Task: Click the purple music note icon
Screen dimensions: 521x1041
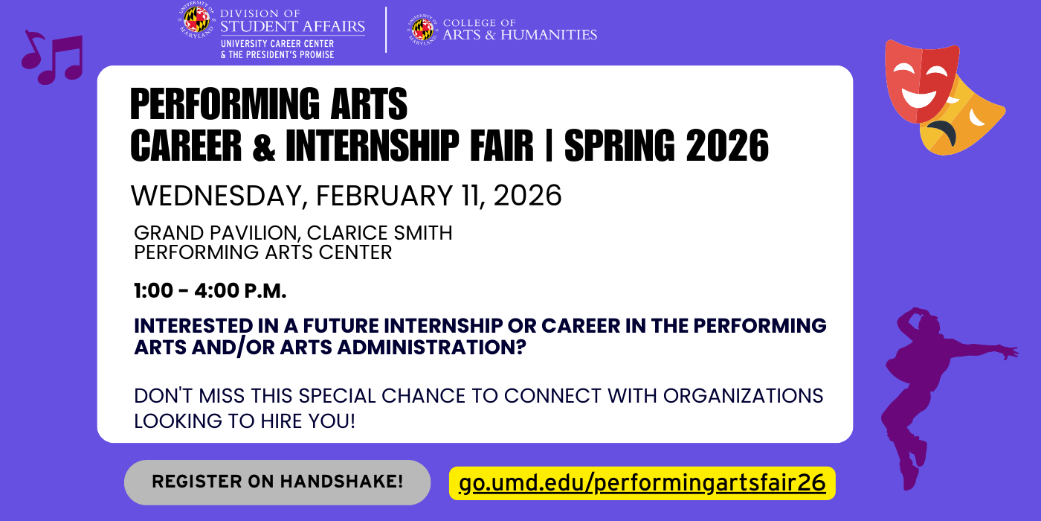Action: pos(52,58)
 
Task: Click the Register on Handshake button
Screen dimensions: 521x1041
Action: pos(277,482)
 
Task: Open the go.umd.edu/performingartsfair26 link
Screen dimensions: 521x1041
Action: pos(642,483)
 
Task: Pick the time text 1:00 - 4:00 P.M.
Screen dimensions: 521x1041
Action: pos(210,291)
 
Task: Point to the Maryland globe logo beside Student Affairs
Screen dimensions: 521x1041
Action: pos(196,21)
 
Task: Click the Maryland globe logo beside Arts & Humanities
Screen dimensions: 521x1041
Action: pos(422,30)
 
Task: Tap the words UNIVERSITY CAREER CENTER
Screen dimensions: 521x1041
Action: pos(277,44)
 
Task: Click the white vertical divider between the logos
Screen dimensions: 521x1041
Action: pos(386,30)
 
